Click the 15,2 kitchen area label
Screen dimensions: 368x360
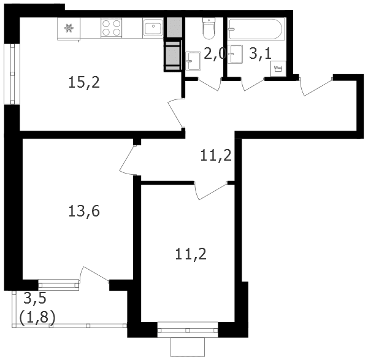tap(84, 83)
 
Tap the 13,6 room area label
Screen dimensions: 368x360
tap(84, 211)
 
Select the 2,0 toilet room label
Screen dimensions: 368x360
tap(215, 54)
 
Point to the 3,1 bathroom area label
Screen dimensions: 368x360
tap(260, 53)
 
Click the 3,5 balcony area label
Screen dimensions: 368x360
tap(35, 299)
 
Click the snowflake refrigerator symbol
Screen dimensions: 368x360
tap(69, 28)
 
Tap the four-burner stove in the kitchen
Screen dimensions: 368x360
tap(111, 28)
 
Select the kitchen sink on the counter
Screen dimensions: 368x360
tap(153, 28)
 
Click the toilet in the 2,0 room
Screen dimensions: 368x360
tap(209, 29)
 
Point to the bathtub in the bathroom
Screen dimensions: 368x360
tap(256, 29)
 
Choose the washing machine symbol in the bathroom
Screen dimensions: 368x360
tap(278, 69)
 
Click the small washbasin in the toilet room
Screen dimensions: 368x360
tap(193, 61)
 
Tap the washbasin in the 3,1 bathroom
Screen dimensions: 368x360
tap(236, 54)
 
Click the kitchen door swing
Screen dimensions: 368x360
tap(175, 113)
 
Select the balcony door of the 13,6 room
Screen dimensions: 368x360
tap(94, 275)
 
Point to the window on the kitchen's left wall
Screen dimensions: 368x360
tap(12, 74)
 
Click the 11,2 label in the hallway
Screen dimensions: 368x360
tap(216, 155)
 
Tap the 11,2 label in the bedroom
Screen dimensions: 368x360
tap(191, 254)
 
